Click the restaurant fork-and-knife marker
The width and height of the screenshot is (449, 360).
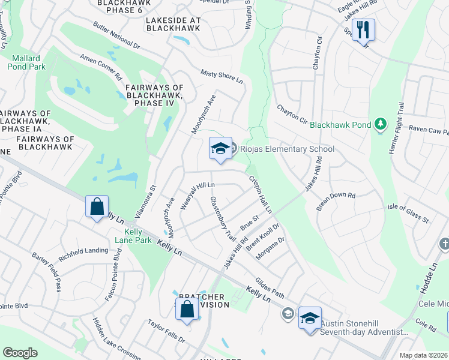click(363, 30)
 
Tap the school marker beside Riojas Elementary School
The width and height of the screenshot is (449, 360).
click(220, 148)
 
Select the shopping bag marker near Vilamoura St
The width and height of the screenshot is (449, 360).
click(97, 207)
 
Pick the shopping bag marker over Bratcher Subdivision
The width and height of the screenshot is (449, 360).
click(187, 310)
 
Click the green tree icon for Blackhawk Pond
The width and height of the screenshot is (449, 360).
click(379, 124)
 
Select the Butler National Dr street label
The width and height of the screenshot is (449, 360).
click(116, 37)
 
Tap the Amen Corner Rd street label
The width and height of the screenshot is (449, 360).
click(101, 66)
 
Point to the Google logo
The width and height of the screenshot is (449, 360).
click(20, 352)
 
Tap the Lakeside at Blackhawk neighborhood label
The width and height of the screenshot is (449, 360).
click(173, 24)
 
